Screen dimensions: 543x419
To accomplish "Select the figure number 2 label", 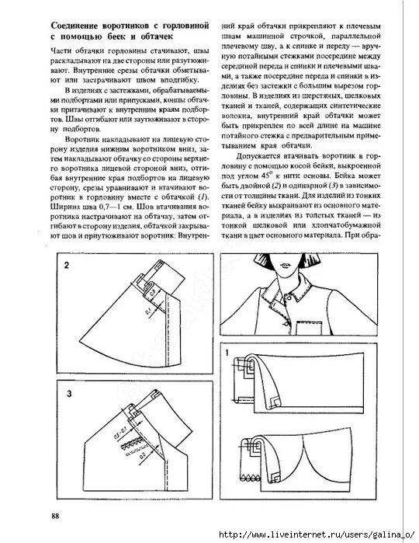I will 68,266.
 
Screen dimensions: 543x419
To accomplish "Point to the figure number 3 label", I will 68,395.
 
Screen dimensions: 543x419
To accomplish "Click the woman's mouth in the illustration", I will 293,282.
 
